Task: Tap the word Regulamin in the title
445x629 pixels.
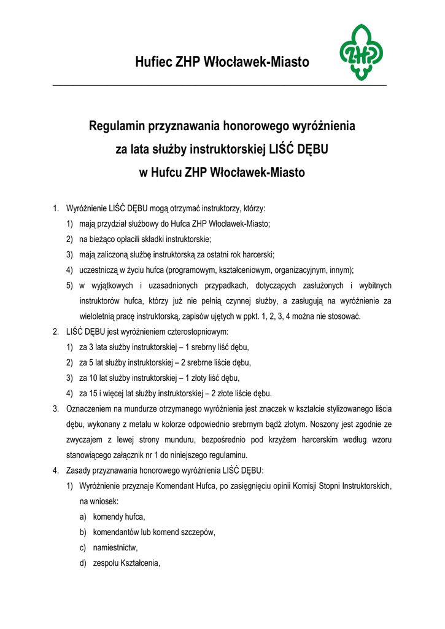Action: pyautogui.click(x=117, y=128)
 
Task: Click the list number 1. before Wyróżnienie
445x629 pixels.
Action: pyautogui.click(x=56, y=209)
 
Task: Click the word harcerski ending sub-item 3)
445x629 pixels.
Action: pyautogui.click(x=257, y=255)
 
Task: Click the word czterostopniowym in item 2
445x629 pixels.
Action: pyautogui.click(x=196, y=332)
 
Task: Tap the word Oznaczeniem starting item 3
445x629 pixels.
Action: pyautogui.click(x=90, y=408)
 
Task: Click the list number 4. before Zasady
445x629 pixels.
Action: pyautogui.click(x=56, y=471)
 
